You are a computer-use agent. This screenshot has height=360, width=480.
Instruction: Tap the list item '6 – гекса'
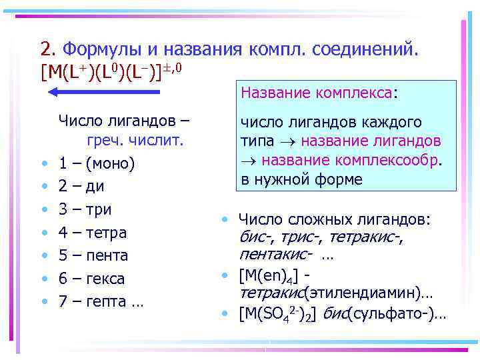[91, 279]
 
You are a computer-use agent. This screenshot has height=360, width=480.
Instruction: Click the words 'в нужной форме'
[302, 179]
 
